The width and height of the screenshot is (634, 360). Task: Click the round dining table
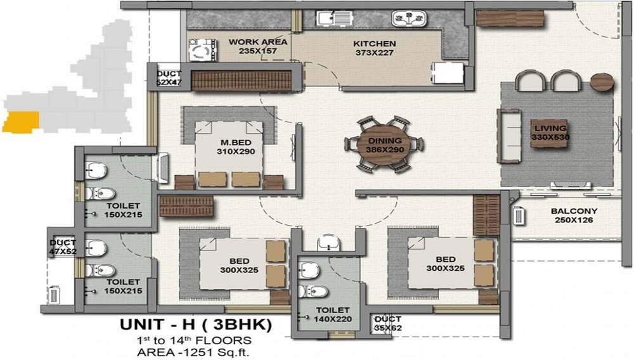pyautogui.click(x=385, y=145)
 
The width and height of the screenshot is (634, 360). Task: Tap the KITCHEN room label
pyautogui.click(x=375, y=44)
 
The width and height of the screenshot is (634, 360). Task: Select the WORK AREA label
pyautogui.click(x=258, y=42)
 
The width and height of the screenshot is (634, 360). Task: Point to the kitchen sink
pyautogui.click(x=334, y=18)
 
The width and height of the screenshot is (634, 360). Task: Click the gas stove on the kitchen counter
pyautogui.click(x=409, y=18)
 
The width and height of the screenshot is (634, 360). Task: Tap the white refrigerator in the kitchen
pyautogui.click(x=448, y=73)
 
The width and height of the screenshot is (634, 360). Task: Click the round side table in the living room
pyautogui.click(x=602, y=82)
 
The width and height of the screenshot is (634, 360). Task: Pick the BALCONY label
pyautogui.click(x=574, y=211)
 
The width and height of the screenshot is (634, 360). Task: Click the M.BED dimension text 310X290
pyautogui.click(x=236, y=151)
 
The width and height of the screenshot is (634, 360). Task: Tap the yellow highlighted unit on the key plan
pyautogui.click(x=21, y=122)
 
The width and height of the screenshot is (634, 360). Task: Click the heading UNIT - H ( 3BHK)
pyautogui.click(x=196, y=325)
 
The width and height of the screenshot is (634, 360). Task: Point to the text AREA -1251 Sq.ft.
pyautogui.click(x=193, y=352)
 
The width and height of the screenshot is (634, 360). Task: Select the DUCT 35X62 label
pyautogui.click(x=388, y=323)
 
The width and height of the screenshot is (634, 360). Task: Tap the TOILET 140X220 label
pyautogui.click(x=333, y=314)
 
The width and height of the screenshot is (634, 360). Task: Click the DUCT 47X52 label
pyautogui.click(x=63, y=247)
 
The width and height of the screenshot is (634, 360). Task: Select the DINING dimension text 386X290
pyautogui.click(x=385, y=150)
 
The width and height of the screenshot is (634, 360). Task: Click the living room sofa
pyautogui.click(x=508, y=136)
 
